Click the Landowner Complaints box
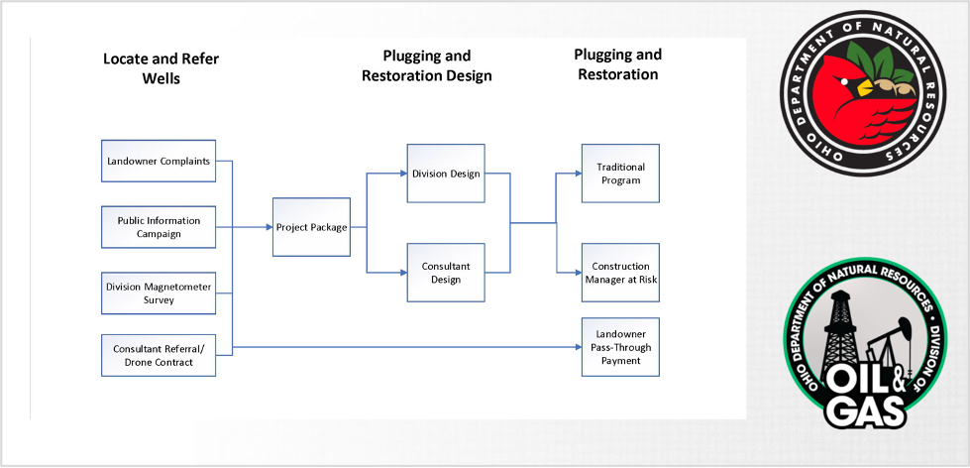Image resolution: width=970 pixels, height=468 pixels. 159,161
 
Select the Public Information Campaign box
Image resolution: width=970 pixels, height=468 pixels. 159,227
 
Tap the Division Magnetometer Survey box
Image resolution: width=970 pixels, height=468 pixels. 159,293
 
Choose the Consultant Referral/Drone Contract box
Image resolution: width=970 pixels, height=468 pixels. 159,355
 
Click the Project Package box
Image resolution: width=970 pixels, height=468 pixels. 311,227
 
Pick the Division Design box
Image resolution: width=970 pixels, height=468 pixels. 446,174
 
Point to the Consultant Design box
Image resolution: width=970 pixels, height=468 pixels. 446,273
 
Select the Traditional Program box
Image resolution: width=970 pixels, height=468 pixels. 620,174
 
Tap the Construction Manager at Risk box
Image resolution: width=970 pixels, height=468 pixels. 620,273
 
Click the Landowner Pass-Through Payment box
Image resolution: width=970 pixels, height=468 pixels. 620,347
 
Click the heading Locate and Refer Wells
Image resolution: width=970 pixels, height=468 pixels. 161,68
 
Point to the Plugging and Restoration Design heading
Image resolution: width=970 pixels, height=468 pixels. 427,65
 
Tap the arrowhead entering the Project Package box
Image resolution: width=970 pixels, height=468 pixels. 269,227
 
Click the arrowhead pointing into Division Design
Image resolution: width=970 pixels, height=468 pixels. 403,174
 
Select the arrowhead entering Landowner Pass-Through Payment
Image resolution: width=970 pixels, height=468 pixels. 578,347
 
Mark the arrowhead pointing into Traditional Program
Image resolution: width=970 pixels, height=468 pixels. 578,174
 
